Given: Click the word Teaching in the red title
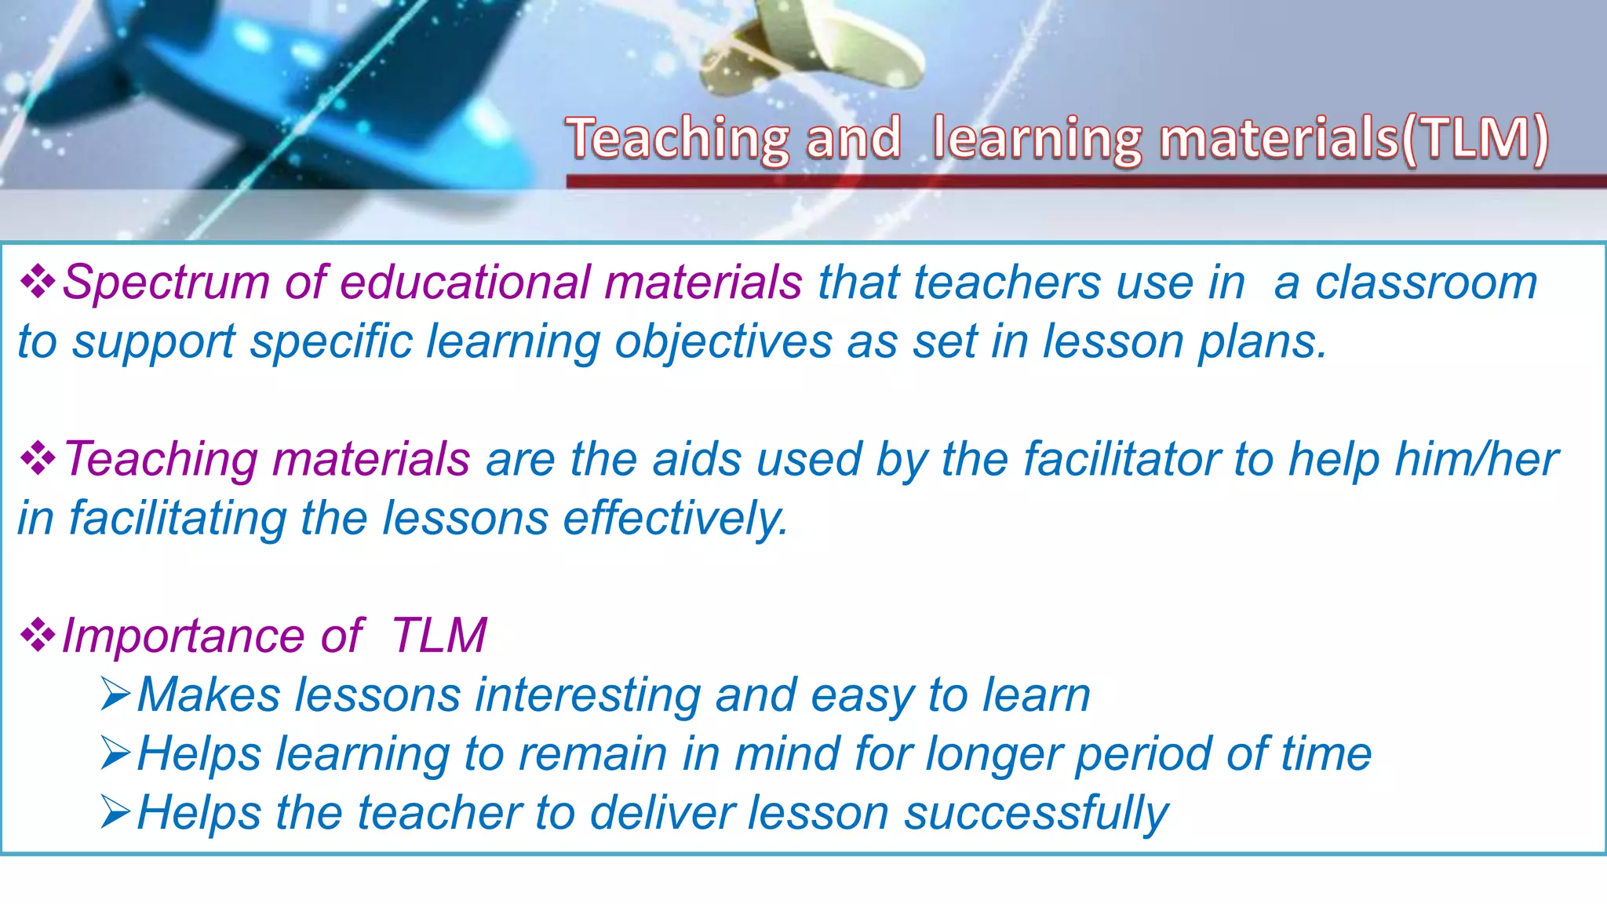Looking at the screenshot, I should point(677,138).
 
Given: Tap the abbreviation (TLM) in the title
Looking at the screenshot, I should point(1474,138).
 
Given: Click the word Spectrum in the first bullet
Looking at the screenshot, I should point(166,282).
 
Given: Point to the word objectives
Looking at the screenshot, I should point(723,343).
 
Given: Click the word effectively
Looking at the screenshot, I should point(676,519).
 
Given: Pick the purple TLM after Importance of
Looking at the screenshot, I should point(439,636).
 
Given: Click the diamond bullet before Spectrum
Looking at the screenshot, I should point(37,282).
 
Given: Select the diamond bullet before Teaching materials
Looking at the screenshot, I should point(37,459).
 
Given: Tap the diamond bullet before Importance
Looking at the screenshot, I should point(37,636).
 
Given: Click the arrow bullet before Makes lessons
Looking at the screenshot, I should point(115,695).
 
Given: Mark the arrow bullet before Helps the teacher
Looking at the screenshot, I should point(115,813).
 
